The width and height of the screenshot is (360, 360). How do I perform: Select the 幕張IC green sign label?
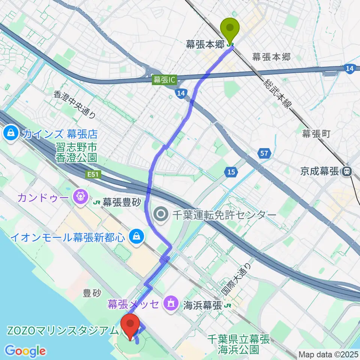click(x=164, y=80)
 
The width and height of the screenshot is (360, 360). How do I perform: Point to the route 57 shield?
click(x=263, y=153)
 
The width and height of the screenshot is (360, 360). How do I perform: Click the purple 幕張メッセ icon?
click(x=172, y=302)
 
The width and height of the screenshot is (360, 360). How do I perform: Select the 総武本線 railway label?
click(x=277, y=94)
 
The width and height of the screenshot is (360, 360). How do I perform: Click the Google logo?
click(x=25, y=351)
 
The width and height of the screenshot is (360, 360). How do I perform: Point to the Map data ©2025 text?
click(x=328, y=354)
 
